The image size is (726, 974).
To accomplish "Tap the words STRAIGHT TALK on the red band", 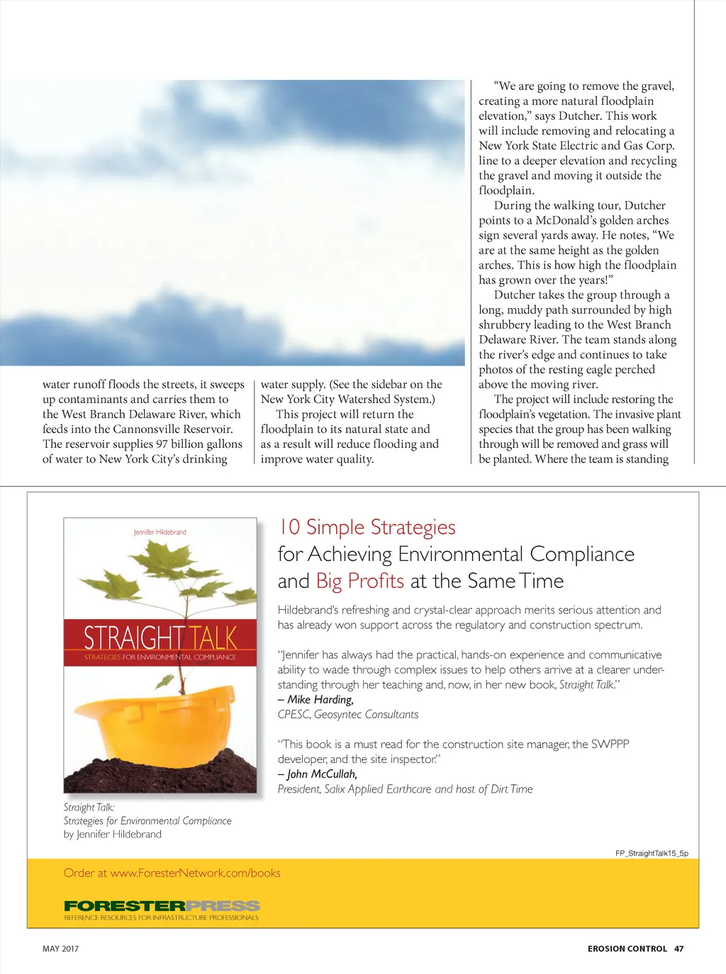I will [160, 638].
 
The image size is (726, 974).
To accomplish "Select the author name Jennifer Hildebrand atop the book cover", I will [160, 532].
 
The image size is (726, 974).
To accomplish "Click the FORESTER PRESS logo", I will [162, 905].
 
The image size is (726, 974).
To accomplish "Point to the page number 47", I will [679, 948].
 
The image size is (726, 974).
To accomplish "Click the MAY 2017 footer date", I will [61, 948].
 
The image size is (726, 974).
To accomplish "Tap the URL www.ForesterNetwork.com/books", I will [196, 873].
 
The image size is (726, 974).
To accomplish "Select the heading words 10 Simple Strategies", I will [367, 527].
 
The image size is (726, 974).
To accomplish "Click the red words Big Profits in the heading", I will [360, 581].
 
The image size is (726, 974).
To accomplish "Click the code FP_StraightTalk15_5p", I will [652, 853].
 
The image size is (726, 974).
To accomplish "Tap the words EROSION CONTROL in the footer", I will [627, 948].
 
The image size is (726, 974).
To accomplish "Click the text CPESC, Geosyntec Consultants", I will [348, 714].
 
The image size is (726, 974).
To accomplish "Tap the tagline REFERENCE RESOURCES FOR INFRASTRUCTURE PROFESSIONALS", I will [162, 917].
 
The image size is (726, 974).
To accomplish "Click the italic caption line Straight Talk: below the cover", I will [89, 807].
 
